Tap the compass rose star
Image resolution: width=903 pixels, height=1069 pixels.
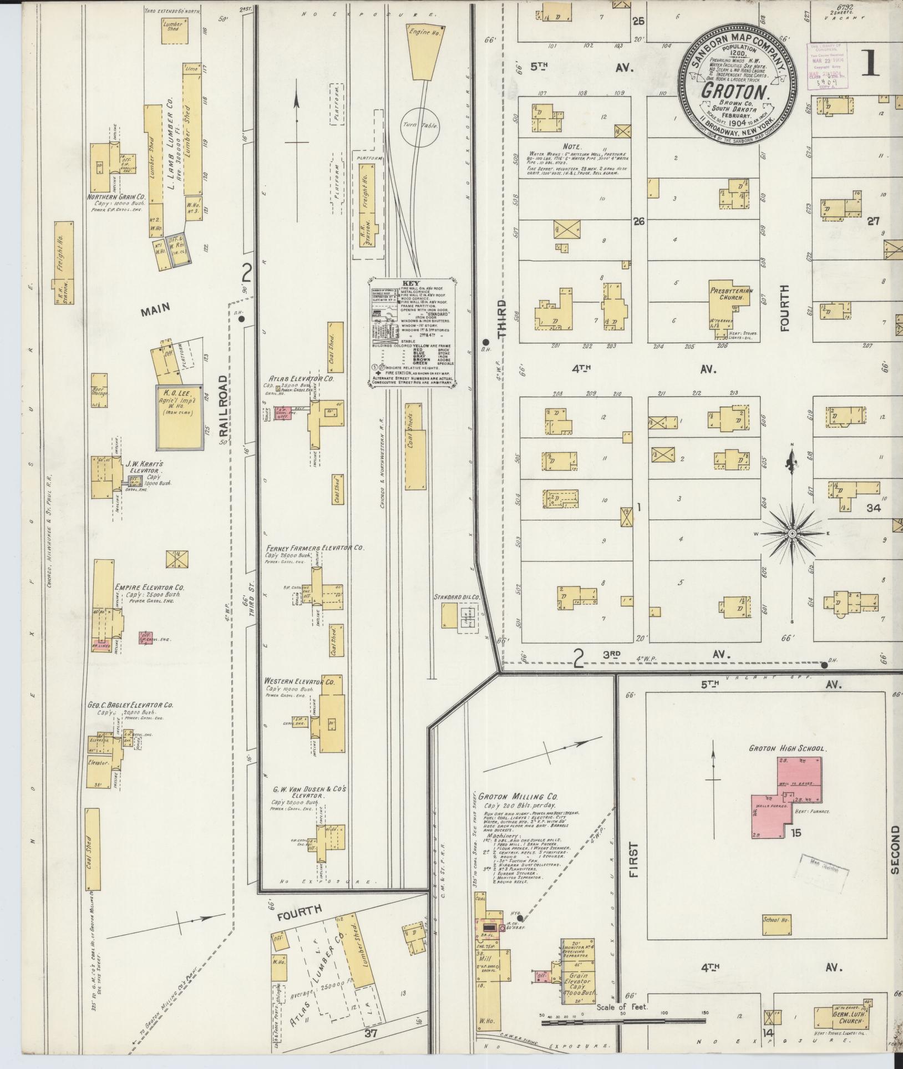792,533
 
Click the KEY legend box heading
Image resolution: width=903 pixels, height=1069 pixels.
410,283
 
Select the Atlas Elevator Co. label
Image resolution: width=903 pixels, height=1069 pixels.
305,379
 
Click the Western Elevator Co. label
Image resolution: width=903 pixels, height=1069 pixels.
299,681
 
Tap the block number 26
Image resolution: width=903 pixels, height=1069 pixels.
639,221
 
